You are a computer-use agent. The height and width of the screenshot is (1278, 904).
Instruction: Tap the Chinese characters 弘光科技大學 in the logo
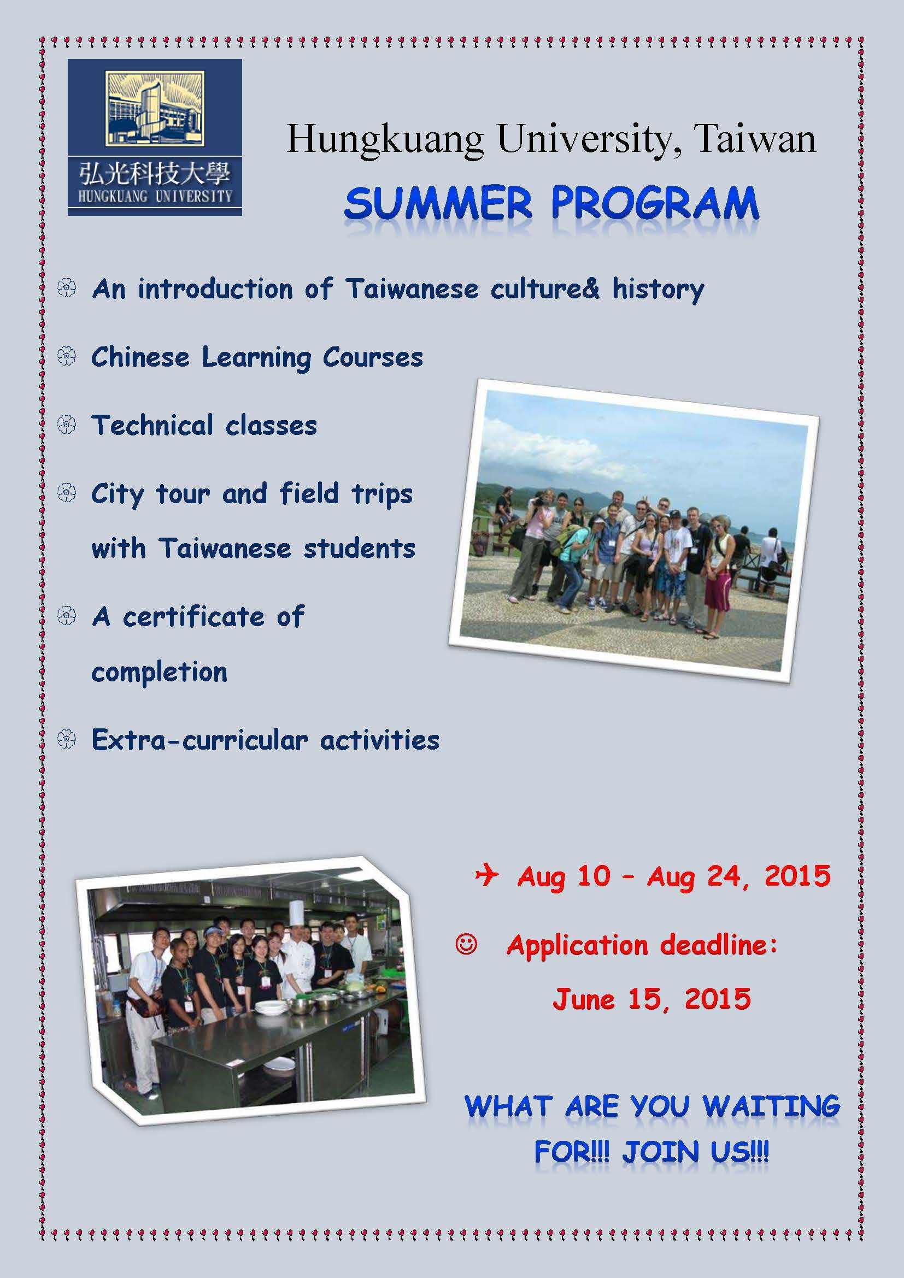click(155, 175)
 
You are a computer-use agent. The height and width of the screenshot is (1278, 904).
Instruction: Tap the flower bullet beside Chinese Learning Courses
click(66, 357)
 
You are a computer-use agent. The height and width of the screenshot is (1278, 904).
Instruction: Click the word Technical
click(152, 425)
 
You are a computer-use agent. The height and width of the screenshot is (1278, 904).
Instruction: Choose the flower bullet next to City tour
click(66, 493)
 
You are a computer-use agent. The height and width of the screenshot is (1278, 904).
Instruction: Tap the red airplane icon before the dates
click(487, 875)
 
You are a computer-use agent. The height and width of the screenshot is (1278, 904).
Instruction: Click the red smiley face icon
click(466, 945)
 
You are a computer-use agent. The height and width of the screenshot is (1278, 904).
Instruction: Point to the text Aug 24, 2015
click(739, 876)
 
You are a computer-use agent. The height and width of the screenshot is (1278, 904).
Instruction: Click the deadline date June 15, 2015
click(651, 999)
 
